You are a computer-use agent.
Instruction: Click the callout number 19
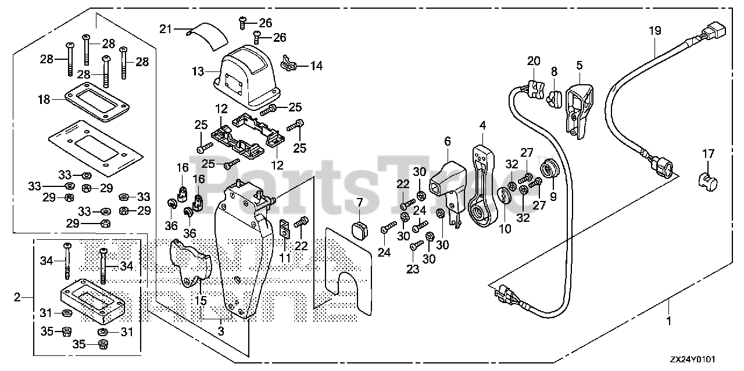pos(654,31)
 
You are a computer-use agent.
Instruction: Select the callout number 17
pos(707,154)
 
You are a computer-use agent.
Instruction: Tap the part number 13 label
pos(198,72)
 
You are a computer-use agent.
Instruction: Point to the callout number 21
pos(166,28)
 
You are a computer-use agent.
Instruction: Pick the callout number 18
pos(43,99)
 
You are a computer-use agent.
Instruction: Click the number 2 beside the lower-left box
pos(17,297)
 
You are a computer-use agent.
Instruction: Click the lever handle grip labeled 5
pos(578,107)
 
